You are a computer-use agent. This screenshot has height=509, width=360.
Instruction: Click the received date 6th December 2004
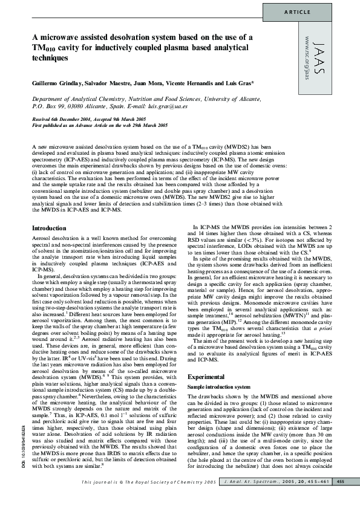click(80, 119)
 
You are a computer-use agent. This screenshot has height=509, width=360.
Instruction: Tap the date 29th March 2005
click(142, 125)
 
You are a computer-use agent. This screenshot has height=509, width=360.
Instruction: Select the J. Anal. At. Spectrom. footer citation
click(255, 498)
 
